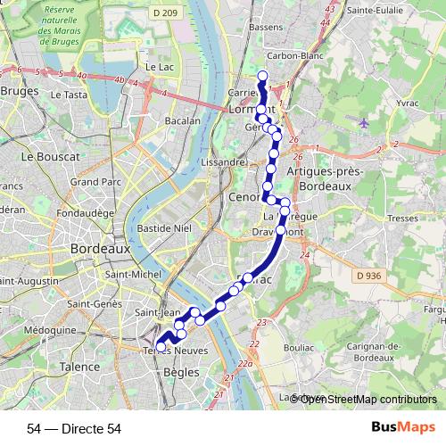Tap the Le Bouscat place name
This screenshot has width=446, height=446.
51,156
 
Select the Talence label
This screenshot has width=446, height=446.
80,367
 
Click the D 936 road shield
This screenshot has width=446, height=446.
366,276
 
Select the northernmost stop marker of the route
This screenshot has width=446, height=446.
262,75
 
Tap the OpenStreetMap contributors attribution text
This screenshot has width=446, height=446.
368,399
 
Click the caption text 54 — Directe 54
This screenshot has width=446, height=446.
74,428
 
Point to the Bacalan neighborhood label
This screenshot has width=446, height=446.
182,120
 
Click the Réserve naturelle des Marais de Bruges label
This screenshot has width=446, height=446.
73,26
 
